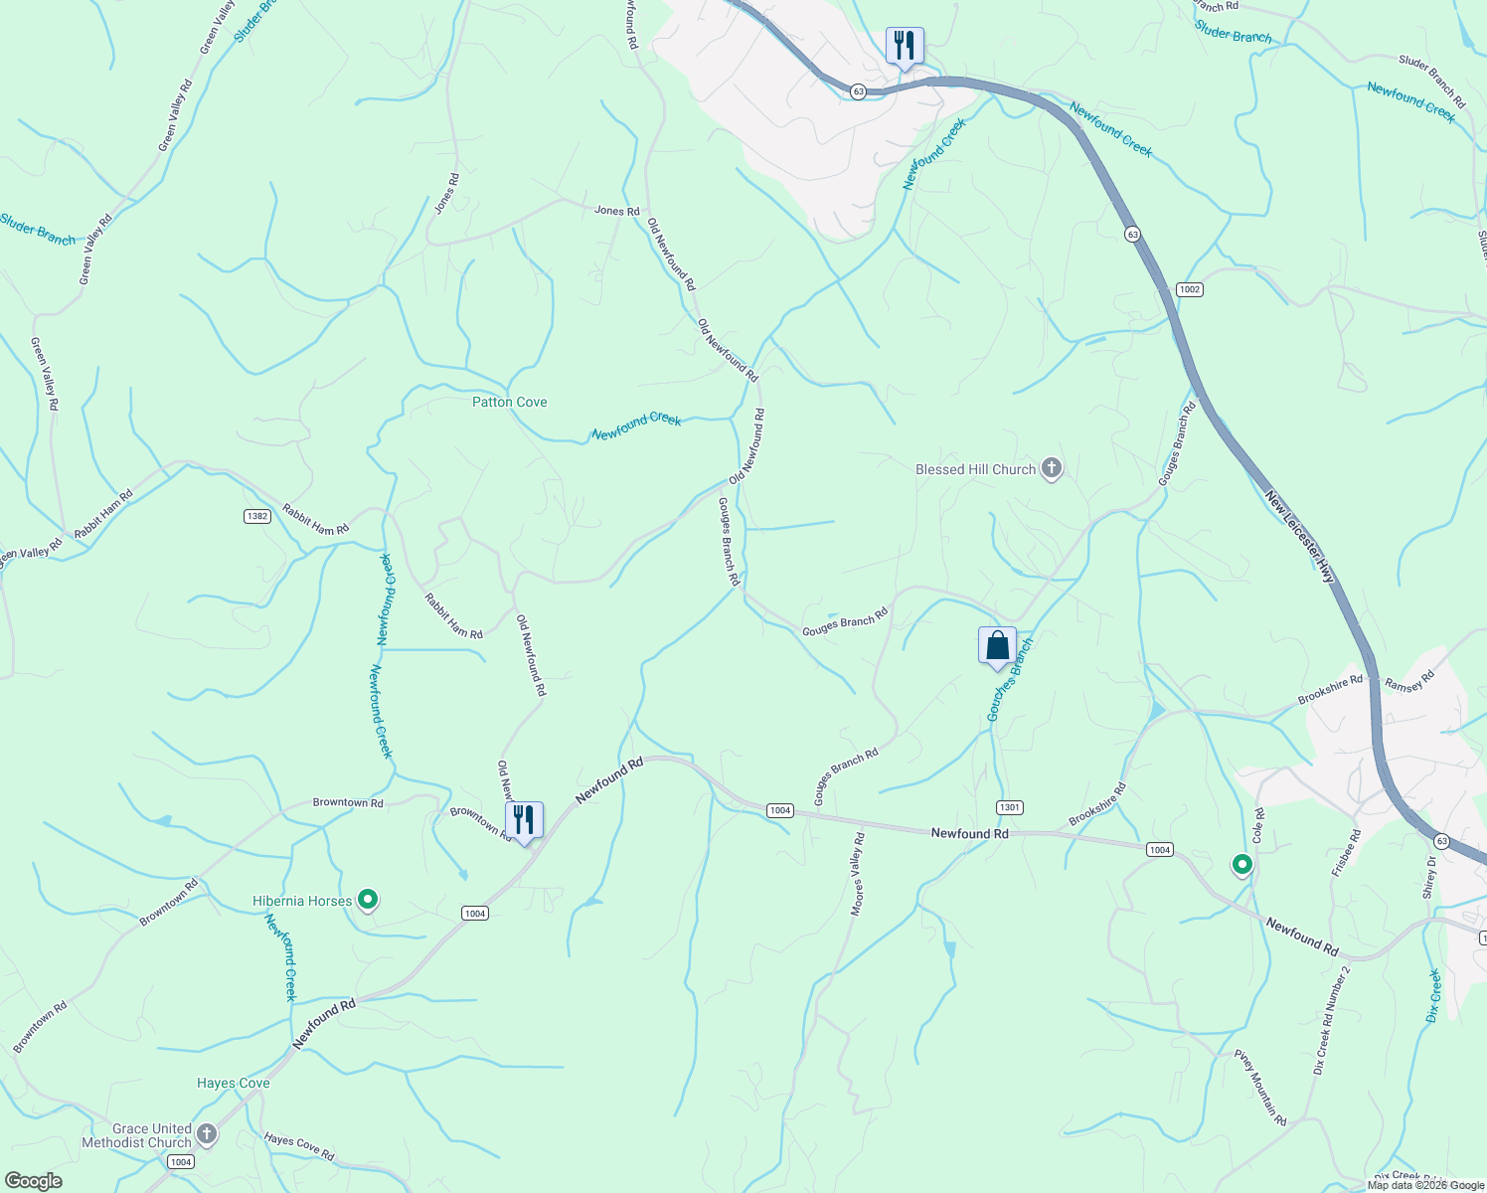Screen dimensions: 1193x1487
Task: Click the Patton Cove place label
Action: click(x=509, y=402)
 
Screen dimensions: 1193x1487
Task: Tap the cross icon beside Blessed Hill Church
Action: click(x=1052, y=468)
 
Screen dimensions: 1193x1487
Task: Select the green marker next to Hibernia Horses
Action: click(x=368, y=901)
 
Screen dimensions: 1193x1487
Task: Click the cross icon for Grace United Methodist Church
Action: click(x=207, y=1134)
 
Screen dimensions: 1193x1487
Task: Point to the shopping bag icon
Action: click(x=997, y=646)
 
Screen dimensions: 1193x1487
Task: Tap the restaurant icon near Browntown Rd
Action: click(x=524, y=820)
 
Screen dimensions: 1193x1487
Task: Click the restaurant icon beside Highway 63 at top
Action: click(x=905, y=46)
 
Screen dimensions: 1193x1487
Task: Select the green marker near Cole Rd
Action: click(x=1241, y=865)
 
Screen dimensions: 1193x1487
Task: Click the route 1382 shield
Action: click(x=256, y=516)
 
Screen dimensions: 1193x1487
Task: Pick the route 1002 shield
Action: click(x=1189, y=289)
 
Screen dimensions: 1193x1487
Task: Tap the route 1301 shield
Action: click(x=1009, y=807)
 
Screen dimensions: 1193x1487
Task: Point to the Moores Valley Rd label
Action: click(x=857, y=874)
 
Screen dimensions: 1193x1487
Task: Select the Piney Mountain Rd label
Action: click(x=1259, y=1087)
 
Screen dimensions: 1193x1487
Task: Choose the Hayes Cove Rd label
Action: click(x=299, y=1147)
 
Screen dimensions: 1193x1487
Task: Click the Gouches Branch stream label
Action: click(x=1010, y=681)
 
